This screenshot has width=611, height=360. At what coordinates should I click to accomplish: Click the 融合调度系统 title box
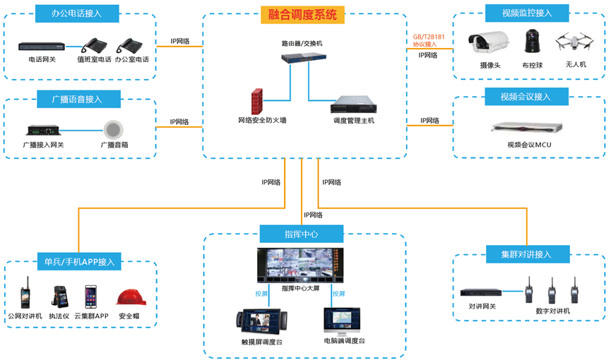302,14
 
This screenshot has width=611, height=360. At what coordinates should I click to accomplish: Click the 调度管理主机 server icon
353,104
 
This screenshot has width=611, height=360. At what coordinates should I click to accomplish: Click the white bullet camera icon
490,43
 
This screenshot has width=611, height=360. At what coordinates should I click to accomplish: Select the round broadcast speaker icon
114,130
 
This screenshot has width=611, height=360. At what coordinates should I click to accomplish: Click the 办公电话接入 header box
76,13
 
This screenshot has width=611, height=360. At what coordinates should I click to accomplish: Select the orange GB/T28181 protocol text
425,39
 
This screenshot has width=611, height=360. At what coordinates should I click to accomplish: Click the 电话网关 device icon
41,47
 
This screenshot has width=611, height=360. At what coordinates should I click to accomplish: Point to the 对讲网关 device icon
482,292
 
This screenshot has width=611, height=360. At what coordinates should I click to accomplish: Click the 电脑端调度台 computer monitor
343,320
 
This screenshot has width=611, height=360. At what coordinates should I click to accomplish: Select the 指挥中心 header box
302,234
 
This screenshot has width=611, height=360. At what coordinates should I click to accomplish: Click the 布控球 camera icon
530,44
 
